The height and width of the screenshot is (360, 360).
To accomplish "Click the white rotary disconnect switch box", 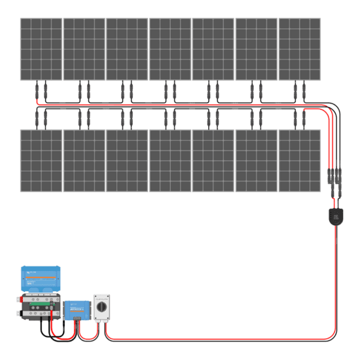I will pos(103,307).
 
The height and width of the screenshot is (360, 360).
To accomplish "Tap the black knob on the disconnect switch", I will pos(103,306).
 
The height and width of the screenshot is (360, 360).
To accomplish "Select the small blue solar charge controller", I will pos(77,310).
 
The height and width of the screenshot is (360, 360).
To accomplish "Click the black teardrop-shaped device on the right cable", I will pos(335,215).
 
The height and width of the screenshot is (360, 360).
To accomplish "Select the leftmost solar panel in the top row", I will pos(41,49).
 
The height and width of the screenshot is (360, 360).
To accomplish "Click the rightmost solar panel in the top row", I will pos(300,49).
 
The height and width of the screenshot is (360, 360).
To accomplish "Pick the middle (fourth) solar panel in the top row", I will pos(170,49).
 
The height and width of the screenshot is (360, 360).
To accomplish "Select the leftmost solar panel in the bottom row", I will pos(41,160).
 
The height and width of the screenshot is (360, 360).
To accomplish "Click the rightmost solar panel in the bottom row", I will pos(300,160).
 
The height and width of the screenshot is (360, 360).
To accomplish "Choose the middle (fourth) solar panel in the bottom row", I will pos(170,160).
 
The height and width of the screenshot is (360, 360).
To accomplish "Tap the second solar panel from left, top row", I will pos(84,49).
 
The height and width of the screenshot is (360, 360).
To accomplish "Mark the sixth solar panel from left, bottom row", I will pos(256,160).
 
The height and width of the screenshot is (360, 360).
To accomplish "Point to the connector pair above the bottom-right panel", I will pos(300,118).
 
